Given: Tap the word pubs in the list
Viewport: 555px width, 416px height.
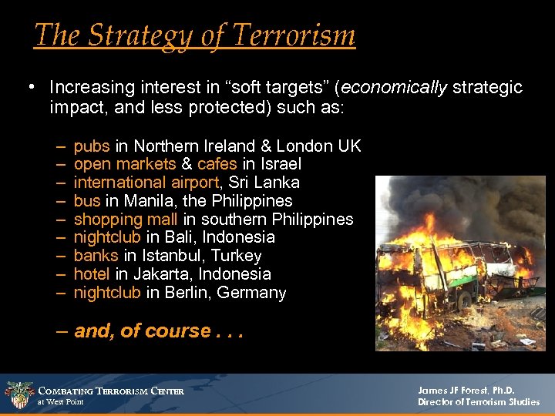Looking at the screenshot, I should (x=92, y=146).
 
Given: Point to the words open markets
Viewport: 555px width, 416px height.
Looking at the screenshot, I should (x=125, y=164).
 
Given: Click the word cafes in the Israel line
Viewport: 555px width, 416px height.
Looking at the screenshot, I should (x=217, y=164).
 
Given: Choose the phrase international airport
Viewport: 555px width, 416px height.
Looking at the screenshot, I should (x=145, y=183).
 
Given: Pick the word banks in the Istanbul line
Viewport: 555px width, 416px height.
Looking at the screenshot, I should (x=96, y=256).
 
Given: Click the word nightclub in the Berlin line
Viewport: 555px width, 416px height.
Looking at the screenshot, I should (x=107, y=293).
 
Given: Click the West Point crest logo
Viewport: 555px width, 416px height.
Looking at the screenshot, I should (x=18, y=394).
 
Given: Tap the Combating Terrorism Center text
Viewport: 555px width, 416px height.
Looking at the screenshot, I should (x=111, y=391).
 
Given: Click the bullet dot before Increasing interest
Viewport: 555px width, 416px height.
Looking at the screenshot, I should (x=29, y=87).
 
